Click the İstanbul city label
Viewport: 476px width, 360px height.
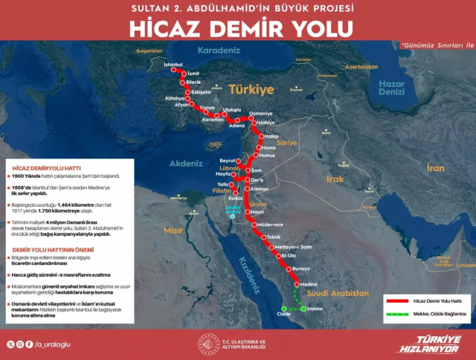[x=173, y=64]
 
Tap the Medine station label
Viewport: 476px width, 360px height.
[x=309, y=283]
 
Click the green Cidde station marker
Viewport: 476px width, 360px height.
[x=283, y=308]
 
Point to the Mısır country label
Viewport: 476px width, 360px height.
[x=173, y=231]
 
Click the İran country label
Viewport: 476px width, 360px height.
[x=434, y=169]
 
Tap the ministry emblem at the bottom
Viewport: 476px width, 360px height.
[x=209, y=344]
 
